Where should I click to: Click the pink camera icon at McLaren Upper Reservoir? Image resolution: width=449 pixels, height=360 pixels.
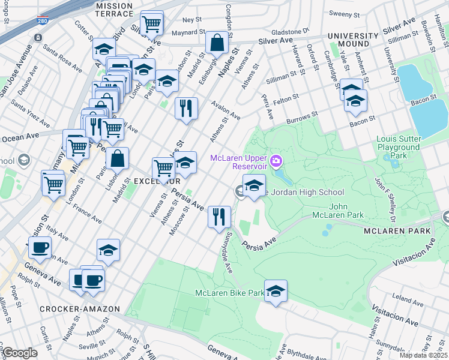(x=276, y=160)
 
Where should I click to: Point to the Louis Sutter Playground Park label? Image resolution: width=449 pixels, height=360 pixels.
(x=398, y=147)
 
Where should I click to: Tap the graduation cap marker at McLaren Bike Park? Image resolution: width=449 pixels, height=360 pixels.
(x=276, y=292)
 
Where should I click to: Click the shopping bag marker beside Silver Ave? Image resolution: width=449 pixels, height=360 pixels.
(x=217, y=43)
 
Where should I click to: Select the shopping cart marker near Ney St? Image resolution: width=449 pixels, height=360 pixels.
(x=152, y=24)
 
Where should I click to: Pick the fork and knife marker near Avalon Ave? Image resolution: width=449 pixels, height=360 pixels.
(x=186, y=109)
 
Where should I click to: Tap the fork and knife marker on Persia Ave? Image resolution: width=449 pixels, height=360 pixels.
(x=219, y=216)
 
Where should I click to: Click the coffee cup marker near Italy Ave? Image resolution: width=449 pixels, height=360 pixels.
(x=40, y=248)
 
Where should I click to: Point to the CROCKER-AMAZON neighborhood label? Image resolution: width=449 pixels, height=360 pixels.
(x=73, y=309)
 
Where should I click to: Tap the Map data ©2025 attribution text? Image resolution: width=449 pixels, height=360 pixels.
(x=424, y=355)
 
